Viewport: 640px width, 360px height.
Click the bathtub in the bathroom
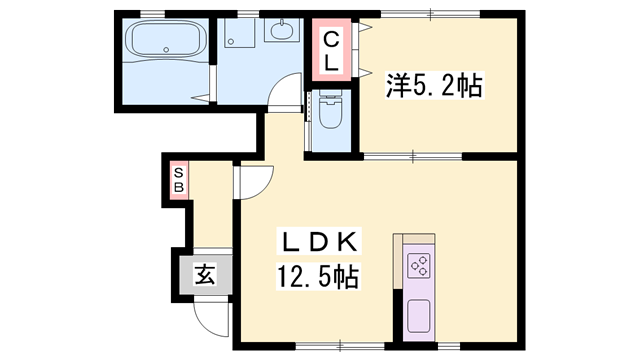[164, 44]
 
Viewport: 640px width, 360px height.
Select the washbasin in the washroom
[279, 33]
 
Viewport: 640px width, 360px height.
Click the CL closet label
[331, 51]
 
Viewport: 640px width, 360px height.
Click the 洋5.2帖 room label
[434, 87]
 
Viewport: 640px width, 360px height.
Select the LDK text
[320, 242]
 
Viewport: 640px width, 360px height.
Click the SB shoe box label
[179, 180]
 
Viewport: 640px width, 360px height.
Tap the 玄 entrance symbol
[205, 273]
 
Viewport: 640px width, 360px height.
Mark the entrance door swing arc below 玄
[210, 317]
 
